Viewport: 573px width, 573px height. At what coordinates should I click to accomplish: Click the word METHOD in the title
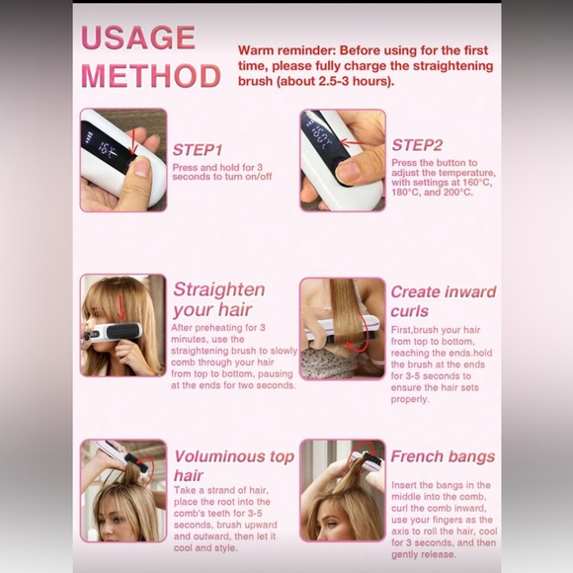151,76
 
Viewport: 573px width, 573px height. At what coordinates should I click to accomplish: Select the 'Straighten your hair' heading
218,299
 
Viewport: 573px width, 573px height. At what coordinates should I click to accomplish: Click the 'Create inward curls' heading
444,302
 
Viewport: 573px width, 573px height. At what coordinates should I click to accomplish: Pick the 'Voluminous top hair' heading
233,466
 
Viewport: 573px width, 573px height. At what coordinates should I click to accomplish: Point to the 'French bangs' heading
443,456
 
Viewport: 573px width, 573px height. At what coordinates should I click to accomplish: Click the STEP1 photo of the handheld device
123,159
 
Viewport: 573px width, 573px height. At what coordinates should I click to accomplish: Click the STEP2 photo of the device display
342,159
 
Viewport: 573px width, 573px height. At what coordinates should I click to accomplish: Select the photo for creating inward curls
342,328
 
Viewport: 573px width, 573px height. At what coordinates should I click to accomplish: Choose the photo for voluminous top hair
123,490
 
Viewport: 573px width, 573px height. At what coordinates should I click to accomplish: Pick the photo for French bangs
342,490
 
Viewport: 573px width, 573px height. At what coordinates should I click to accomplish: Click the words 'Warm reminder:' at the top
281,49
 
